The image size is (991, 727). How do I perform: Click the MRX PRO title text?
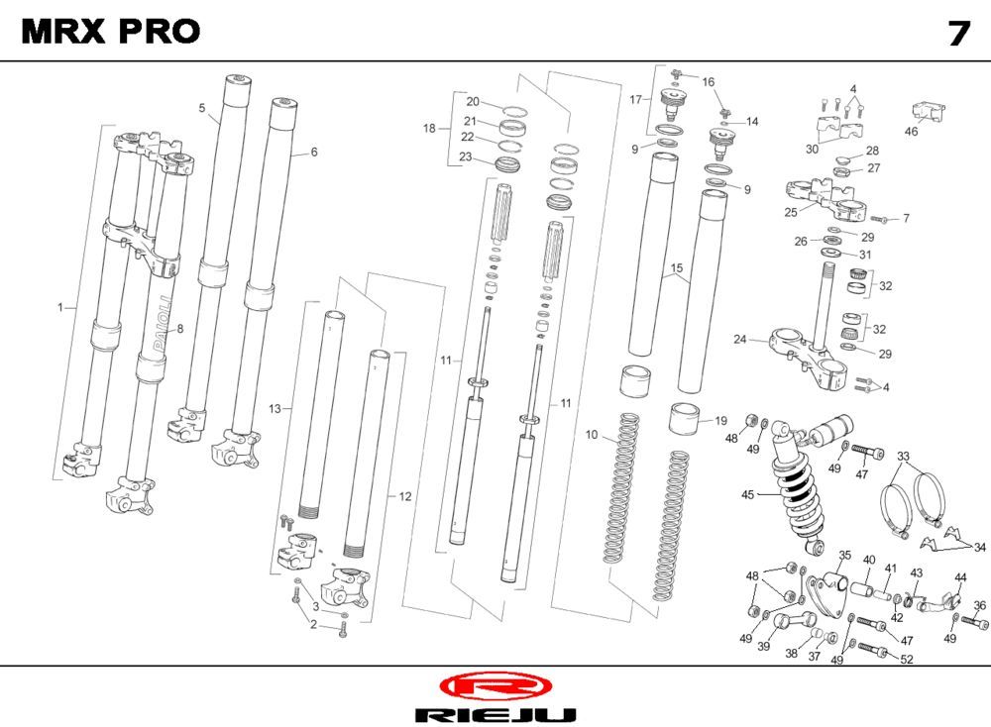coord(110,32)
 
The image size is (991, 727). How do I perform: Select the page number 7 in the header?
coord(958,34)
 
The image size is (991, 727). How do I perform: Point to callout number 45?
coord(748,494)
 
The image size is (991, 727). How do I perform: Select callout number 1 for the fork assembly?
coord(60,308)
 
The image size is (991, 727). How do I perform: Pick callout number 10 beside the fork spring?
coord(592,435)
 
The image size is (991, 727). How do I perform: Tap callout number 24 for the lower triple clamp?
coord(740,340)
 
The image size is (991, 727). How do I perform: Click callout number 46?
coord(911,131)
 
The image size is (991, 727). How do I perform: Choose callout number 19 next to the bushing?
coord(720,420)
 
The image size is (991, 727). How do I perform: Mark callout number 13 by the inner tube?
coord(275,408)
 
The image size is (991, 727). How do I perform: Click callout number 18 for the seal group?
coord(429,129)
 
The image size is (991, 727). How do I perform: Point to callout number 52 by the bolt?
coord(907,659)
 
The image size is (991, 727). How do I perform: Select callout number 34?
coord(979,547)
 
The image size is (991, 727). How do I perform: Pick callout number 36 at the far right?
coord(979,605)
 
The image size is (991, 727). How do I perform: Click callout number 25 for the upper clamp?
coord(791,212)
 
